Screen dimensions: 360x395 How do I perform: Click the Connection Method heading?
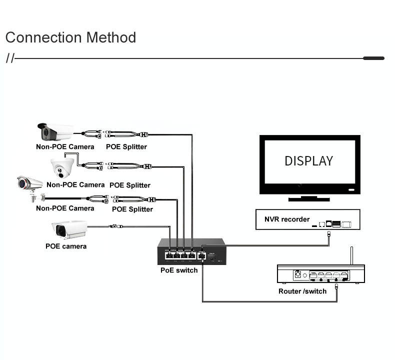click(70, 37)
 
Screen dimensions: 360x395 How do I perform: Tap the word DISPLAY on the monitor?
click(308, 161)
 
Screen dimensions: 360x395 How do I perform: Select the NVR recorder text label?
click(287, 219)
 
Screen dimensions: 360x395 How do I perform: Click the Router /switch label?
click(302, 291)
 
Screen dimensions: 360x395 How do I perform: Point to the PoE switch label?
click(179, 270)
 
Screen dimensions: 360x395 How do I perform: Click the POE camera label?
click(66, 246)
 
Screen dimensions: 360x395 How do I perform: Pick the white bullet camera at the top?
click(55, 132)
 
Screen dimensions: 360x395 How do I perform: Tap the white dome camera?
click(62, 167)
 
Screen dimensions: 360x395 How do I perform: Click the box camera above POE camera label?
click(69, 229)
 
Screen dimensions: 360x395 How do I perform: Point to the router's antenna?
click(351, 255)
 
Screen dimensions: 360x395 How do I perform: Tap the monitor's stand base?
click(308, 198)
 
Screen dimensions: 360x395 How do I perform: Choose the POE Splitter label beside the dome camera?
click(130, 185)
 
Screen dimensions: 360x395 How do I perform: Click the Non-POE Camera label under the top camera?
click(65, 147)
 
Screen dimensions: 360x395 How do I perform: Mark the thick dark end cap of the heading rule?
click(373, 58)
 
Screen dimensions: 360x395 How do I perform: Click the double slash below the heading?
click(10, 58)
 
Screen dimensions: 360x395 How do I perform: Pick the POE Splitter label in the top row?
click(126, 147)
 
